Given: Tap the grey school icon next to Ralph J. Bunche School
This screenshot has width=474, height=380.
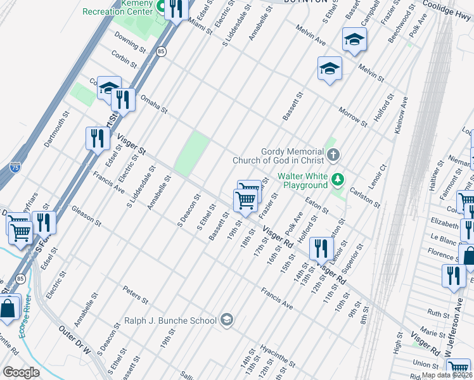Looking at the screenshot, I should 227,320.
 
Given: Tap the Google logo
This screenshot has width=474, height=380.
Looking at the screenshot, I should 22,372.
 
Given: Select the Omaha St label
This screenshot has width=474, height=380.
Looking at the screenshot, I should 153,105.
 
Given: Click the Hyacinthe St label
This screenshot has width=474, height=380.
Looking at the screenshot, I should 278,357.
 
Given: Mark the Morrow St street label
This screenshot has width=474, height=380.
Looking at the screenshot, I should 353,116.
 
